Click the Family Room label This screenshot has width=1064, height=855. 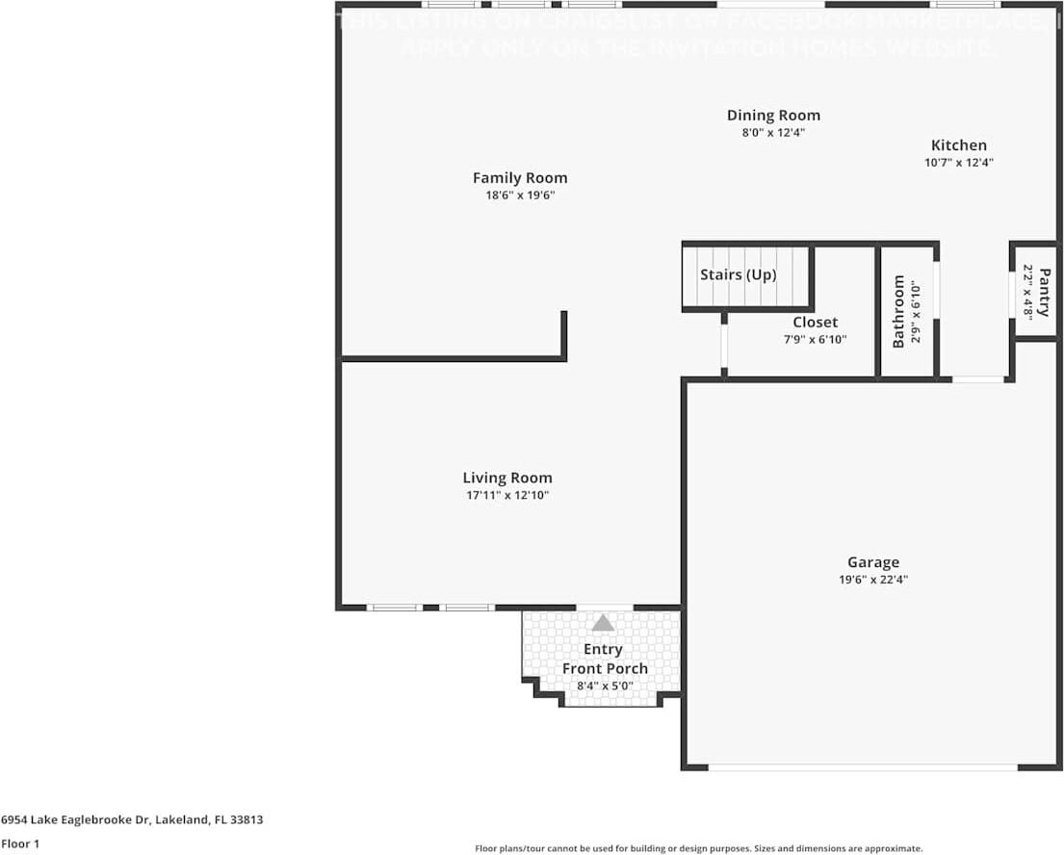[x=520, y=178]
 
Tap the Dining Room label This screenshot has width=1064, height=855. [x=773, y=116]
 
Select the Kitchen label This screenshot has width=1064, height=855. [x=958, y=145]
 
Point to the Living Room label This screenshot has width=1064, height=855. [x=507, y=478]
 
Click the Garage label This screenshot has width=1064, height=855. [x=873, y=562]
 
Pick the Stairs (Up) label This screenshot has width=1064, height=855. [x=738, y=275]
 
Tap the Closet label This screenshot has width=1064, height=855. [x=815, y=323]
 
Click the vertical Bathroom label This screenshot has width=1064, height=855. [x=899, y=311]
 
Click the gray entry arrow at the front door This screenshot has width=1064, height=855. [x=603, y=623]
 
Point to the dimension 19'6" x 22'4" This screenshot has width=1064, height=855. [x=873, y=580]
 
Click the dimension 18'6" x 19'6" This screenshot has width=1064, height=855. [x=520, y=195]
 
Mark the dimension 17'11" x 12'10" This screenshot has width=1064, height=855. [x=507, y=495]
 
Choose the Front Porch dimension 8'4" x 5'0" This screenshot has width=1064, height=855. [x=605, y=686]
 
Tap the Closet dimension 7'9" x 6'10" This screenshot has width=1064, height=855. [x=815, y=339]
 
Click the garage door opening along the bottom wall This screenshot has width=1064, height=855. [x=862, y=767]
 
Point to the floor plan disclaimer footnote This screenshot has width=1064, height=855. [x=699, y=848]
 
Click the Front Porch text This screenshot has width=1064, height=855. [x=605, y=668]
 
